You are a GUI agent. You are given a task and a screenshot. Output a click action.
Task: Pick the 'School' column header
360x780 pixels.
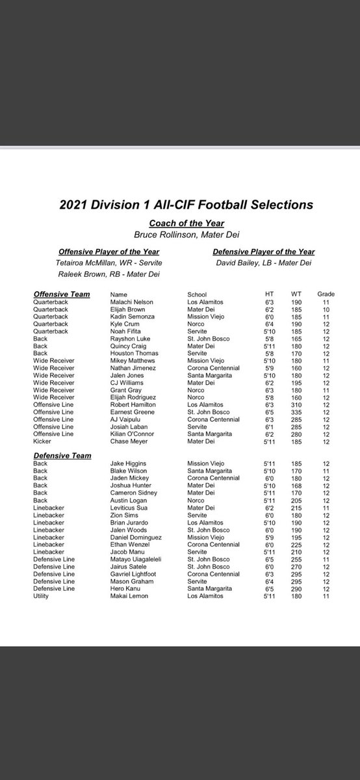198,294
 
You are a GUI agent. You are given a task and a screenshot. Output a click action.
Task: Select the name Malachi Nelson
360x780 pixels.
131,302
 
